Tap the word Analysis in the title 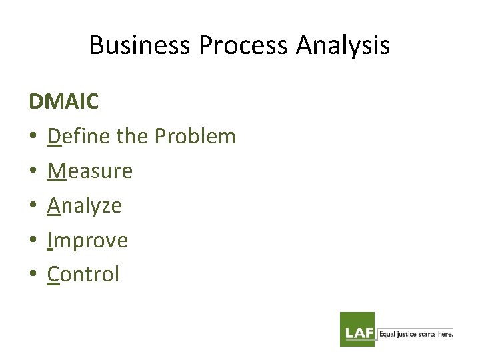pyautogui.click(x=343, y=45)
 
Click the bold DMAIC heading pyautogui.click(x=63, y=101)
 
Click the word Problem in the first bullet pyautogui.click(x=195, y=136)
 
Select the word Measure pyautogui.click(x=90, y=171)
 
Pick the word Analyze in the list pyautogui.click(x=85, y=205)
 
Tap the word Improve pyautogui.click(x=87, y=240)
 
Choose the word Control pyautogui.click(x=83, y=274)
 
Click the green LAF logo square pyautogui.click(x=357, y=329)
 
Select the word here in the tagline pyautogui.click(x=445, y=333)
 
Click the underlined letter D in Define pyautogui.click(x=54, y=136)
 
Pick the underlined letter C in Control pyautogui.click(x=53, y=274)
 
